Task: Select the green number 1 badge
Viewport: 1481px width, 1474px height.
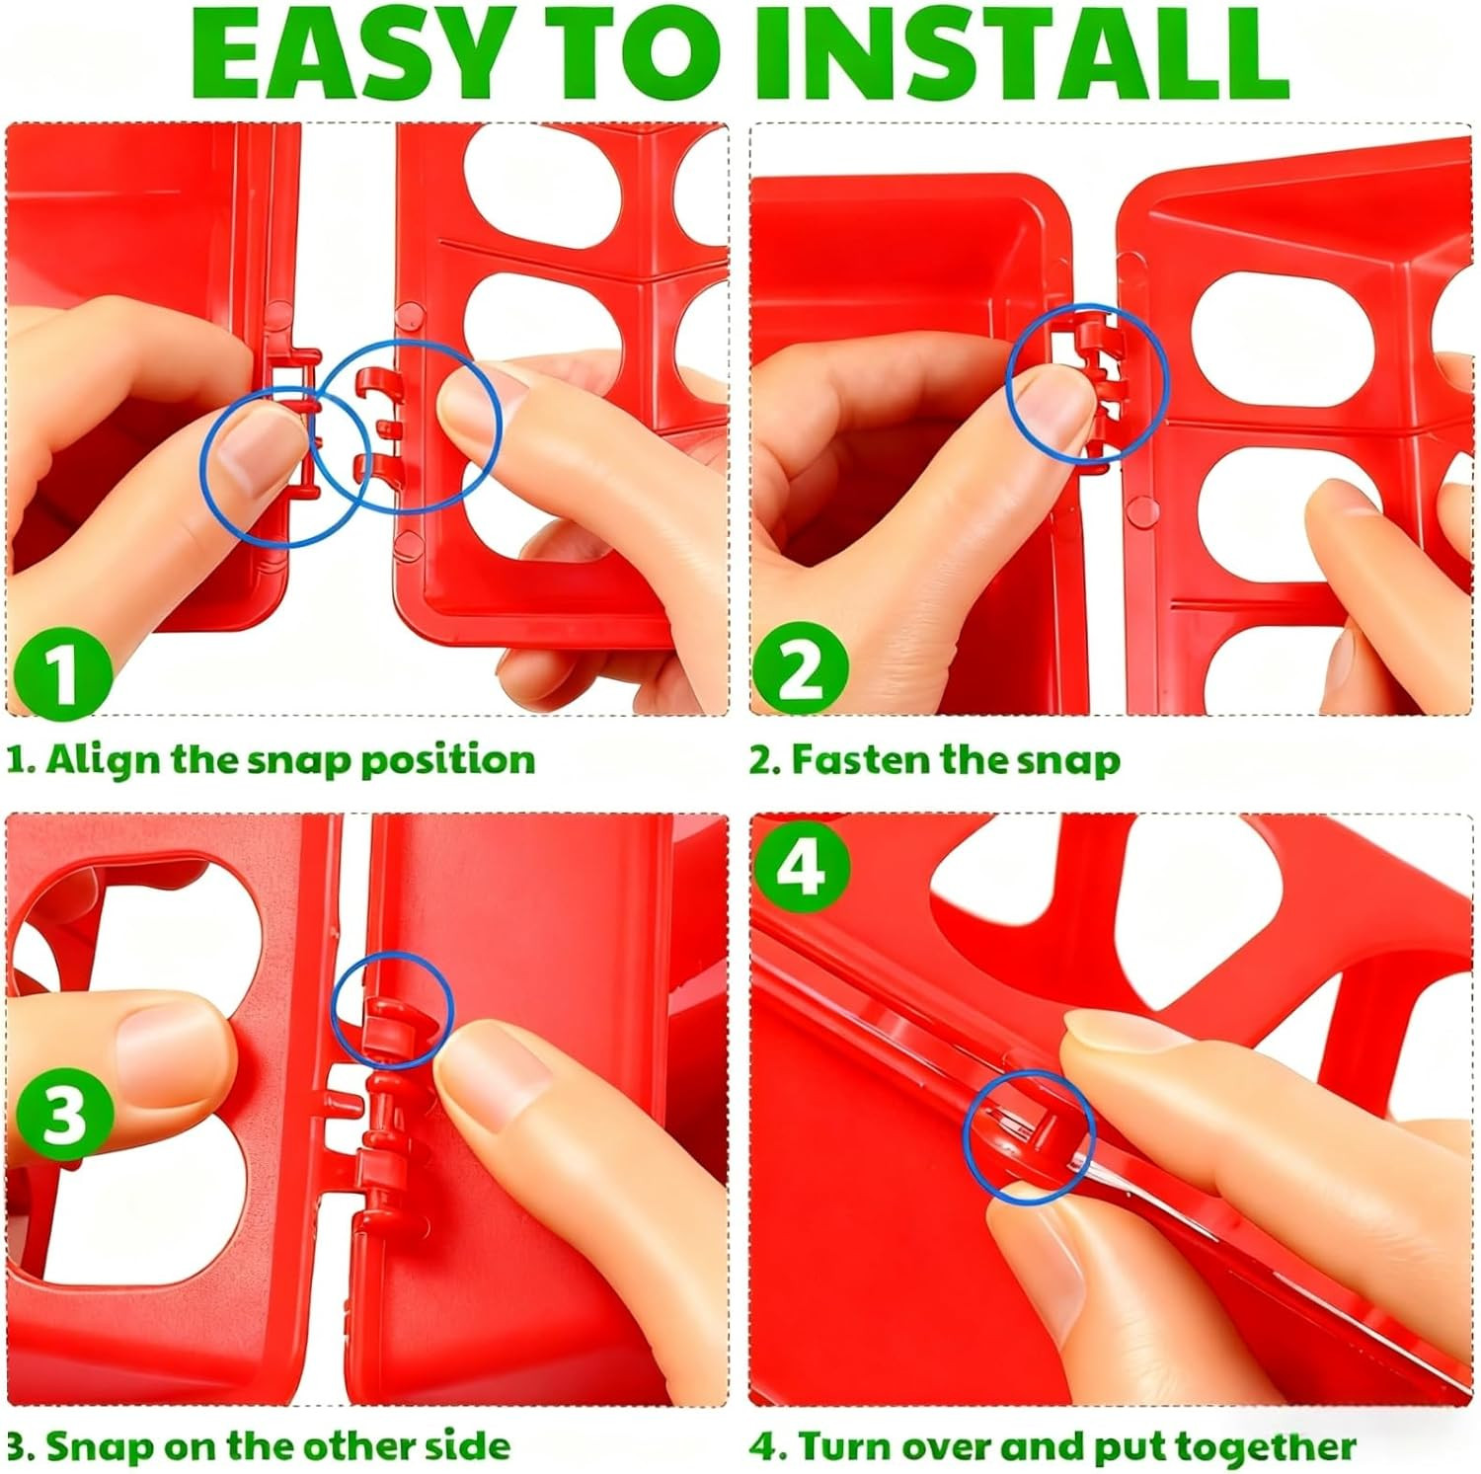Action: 61,671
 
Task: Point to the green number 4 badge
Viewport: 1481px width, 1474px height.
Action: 801,867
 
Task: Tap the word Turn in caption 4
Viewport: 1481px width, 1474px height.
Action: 842,1446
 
